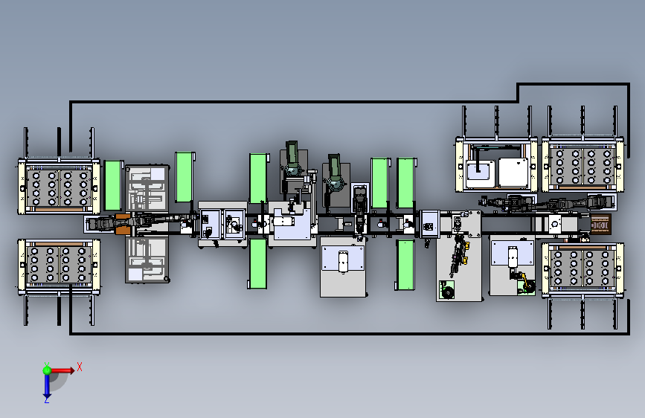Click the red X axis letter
[80, 367]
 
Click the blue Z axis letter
[46, 400]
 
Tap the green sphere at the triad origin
[47, 370]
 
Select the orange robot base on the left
[123, 224]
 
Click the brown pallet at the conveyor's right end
[600, 225]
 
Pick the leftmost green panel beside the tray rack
[113, 185]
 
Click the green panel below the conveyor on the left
[258, 264]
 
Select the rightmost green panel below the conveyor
[405, 266]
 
